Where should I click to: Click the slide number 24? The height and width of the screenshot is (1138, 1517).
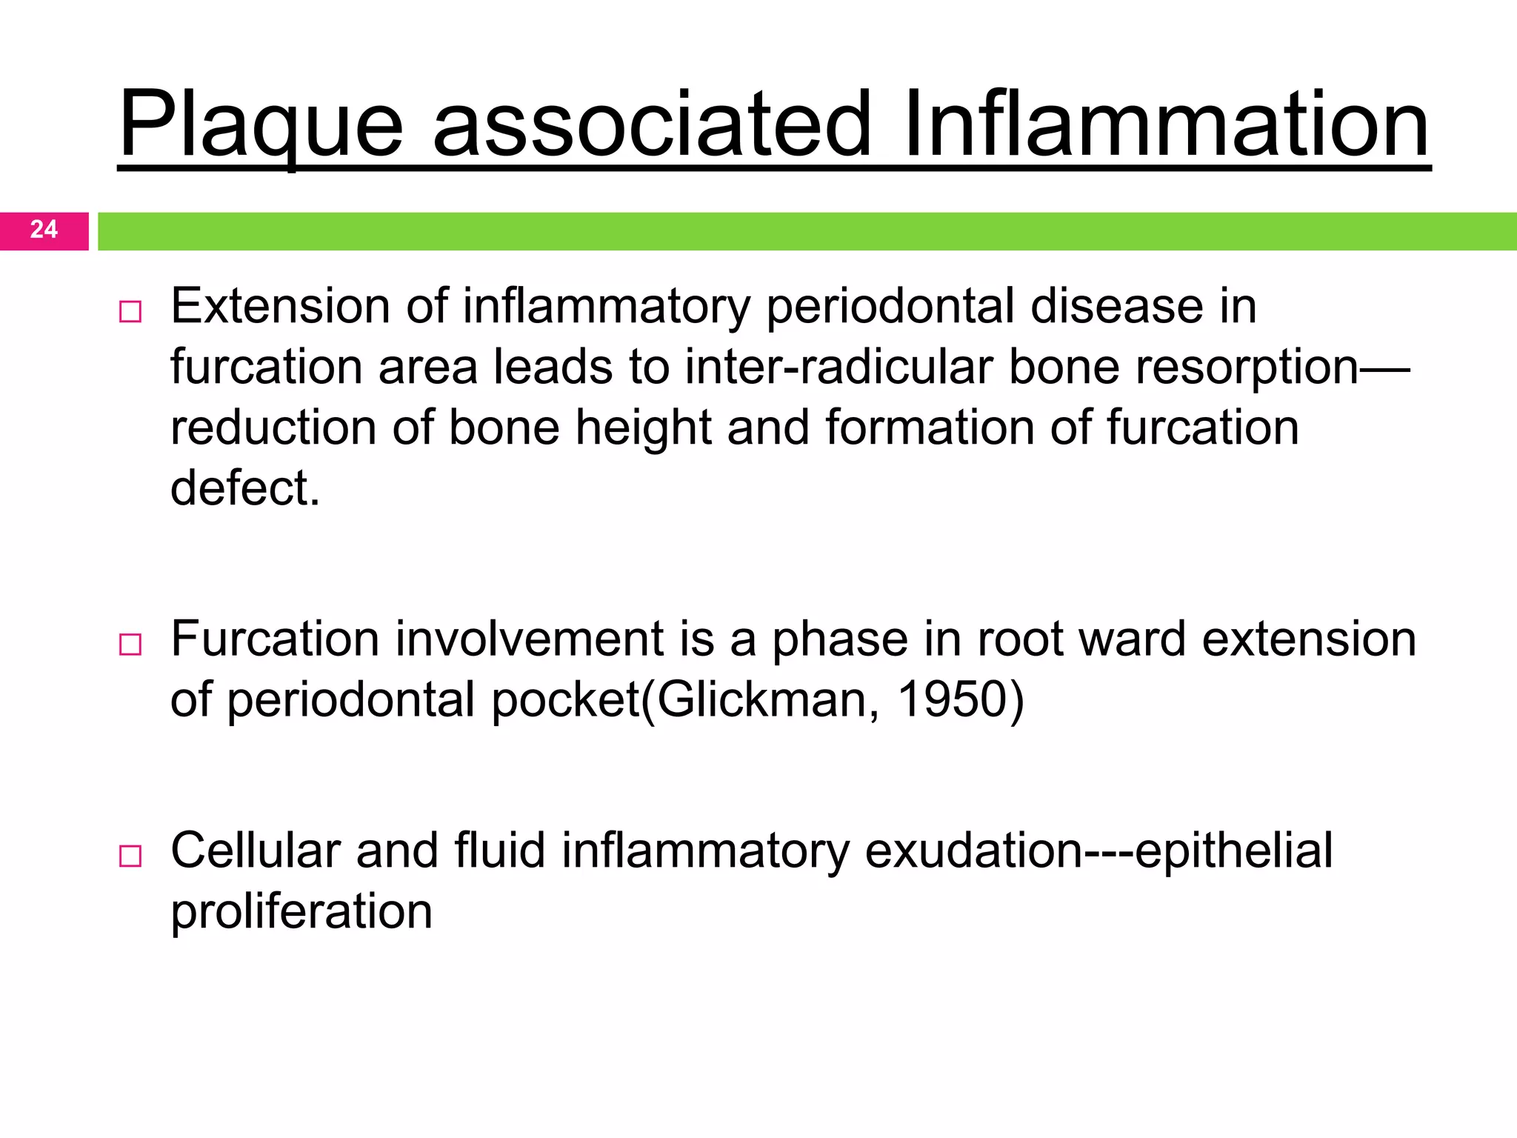coord(44,230)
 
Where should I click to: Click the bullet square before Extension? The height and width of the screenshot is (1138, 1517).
coord(130,311)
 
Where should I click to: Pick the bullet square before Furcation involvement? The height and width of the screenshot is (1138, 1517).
coord(130,644)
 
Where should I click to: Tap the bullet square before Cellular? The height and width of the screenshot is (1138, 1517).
coord(130,856)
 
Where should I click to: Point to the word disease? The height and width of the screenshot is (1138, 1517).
coord(1117,306)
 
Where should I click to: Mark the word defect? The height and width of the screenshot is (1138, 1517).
coord(244,488)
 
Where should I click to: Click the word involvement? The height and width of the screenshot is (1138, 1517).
coord(529,639)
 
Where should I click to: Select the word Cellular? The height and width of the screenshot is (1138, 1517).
coord(256,850)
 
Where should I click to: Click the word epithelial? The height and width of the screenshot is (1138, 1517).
coord(1233,851)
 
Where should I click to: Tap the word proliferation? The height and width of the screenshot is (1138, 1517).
coord(301,912)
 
